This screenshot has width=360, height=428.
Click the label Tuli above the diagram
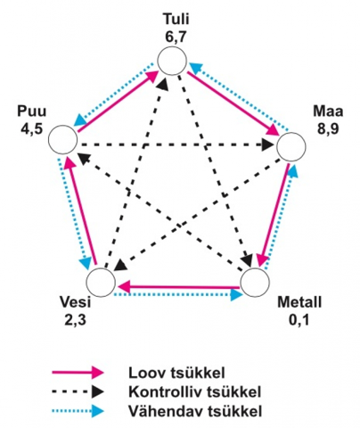pyautogui.click(x=176, y=20)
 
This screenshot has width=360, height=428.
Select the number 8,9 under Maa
pyautogui.click(x=328, y=129)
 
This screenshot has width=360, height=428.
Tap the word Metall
pyautogui.click(x=299, y=302)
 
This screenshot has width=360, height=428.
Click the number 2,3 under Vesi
pyautogui.click(x=76, y=320)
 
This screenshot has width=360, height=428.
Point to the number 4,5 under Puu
pyautogui.click(x=31, y=129)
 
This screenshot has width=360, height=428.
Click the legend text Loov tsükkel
pyautogui.click(x=176, y=373)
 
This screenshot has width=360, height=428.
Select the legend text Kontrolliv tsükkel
pyautogui.click(x=194, y=392)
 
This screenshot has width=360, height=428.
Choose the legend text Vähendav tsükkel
pyautogui.click(x=195, y=412)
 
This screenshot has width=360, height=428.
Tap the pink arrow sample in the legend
pyautogui.click(x=78, y=373)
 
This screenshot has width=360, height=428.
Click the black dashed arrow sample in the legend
pyautogui.click(x=78, y=392)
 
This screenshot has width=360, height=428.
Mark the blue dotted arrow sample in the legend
pyautogui.click(x=78, y=412)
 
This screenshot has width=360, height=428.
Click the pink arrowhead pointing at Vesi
pyautogui.click(x=124, y=287)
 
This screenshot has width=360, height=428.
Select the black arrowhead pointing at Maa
pyautogui.click(x=269, y=145)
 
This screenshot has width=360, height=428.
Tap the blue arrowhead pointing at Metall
pyautogui.click(x=237, y=294)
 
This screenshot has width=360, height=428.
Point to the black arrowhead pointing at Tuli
pyautogui.click(x=163, y=84)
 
